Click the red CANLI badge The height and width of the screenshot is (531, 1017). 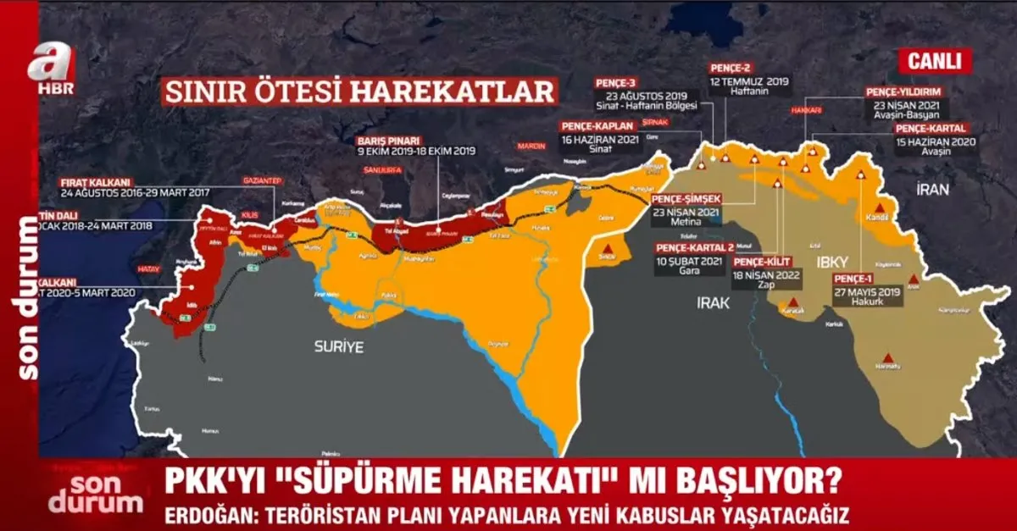[935, 61]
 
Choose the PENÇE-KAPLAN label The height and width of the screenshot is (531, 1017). [599, 125]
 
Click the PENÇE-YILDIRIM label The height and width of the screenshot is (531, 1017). [903, 91]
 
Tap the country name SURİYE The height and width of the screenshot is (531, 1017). [338, 346]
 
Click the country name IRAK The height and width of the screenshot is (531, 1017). [713, 302]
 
